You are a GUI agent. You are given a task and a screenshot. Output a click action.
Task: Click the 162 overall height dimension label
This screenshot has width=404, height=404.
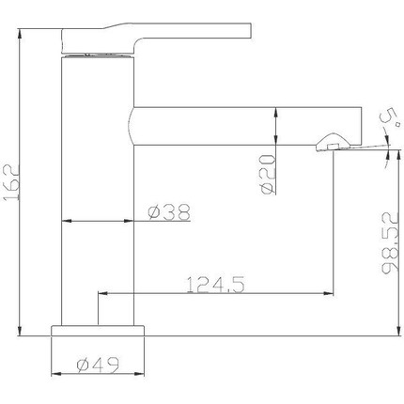pyautogui.click(x=11, y=182)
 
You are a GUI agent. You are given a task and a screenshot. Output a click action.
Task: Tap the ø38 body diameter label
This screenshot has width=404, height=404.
pyautogui.click(x=169, y=212)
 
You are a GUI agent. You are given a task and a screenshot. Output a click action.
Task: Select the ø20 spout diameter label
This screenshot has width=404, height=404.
pyautogui.click(x=268, y=174)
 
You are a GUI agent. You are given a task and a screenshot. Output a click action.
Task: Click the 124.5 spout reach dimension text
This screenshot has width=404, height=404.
pyautogui.click(x=215, y=285)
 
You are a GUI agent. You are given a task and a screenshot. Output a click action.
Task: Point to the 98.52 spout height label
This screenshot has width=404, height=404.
pyautogui.click(x=390, y=242)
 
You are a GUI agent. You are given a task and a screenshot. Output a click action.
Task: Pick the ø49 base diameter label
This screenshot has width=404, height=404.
pyautogui.click(x=98, y=365)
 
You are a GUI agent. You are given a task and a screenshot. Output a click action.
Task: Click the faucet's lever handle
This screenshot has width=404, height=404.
pyautogui.click(x=156, y=38)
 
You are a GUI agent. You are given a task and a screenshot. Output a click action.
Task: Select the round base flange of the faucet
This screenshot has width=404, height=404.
pyautogui.click(x=98, y=331)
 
